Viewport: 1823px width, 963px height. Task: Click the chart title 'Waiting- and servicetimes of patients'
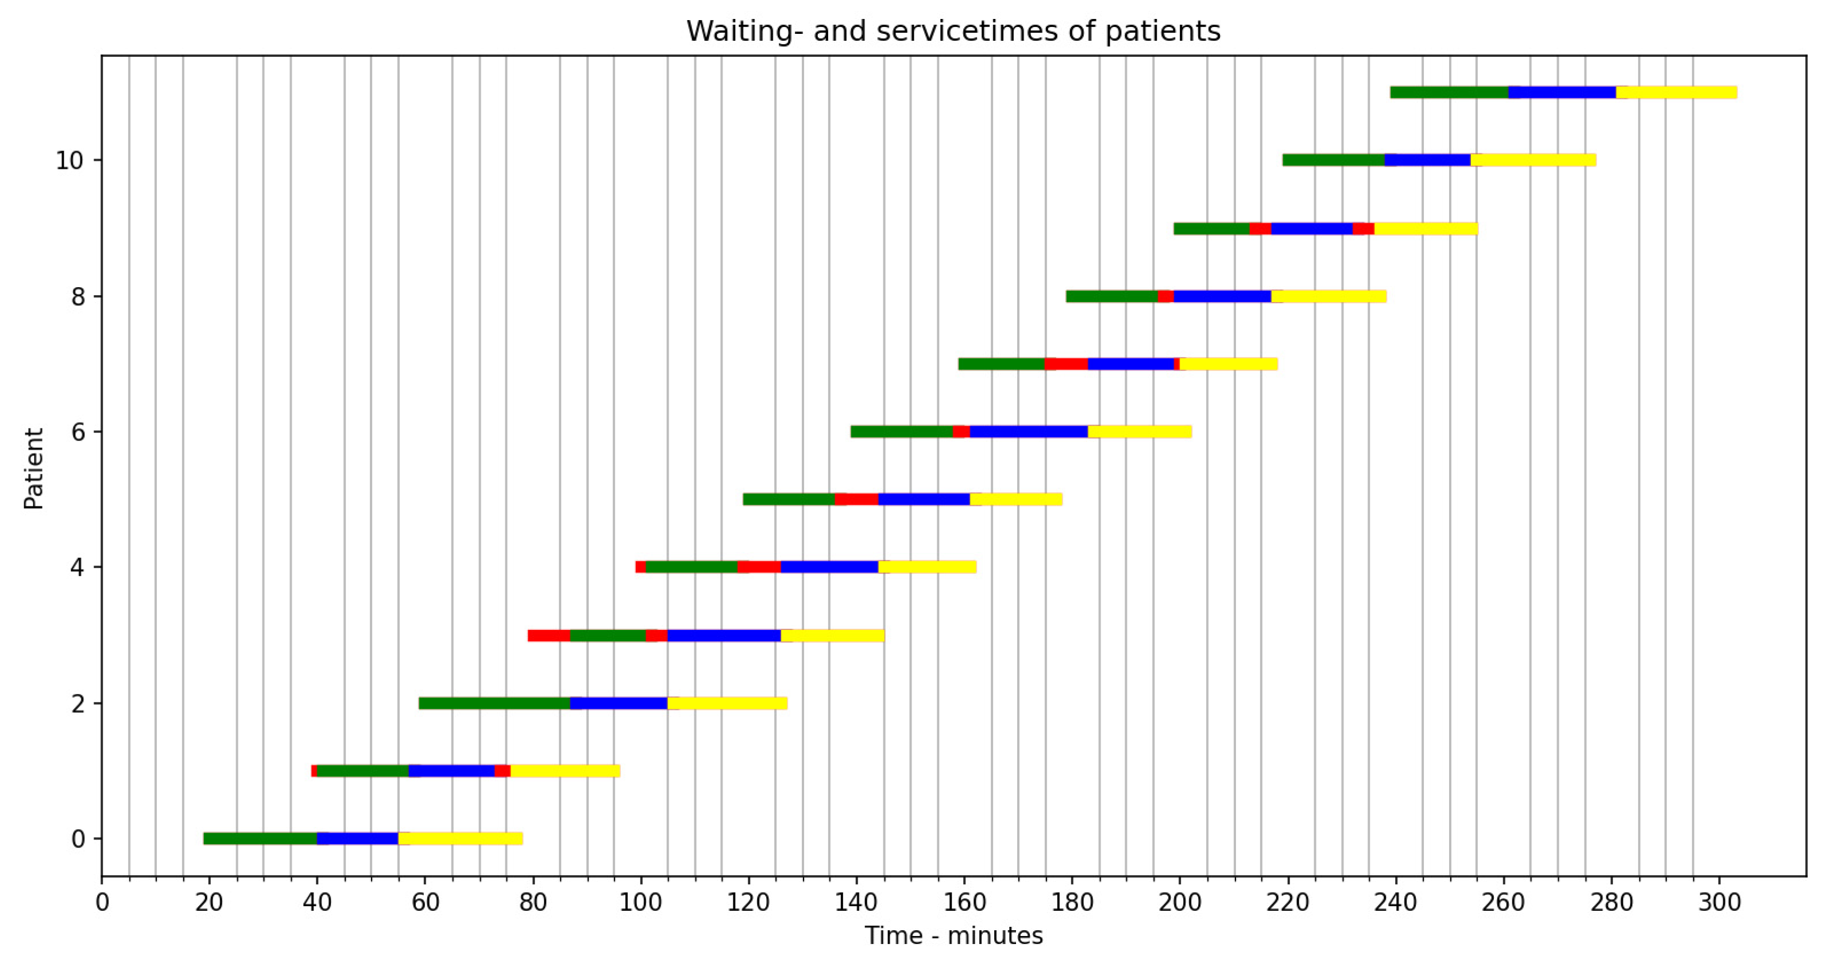tap(953, 31)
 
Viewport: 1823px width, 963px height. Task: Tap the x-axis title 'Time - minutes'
tap(953, 935)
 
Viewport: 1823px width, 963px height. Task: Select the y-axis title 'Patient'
tap(33, 469)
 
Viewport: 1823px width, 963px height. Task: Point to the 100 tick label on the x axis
tap(640, 903)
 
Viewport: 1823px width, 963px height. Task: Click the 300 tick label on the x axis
tap(1719, 903)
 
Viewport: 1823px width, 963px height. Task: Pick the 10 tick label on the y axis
tap(69, 161)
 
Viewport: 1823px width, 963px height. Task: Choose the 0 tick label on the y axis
tap(78, 839)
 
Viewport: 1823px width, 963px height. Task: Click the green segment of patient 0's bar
tap(260, 838)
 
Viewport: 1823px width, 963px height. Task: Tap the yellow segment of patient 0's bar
tap(460, 838)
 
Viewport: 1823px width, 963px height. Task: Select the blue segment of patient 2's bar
tap(619, 703)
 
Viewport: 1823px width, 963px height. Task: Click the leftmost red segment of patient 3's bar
tap(549, 635)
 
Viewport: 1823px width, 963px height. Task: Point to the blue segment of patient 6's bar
tap(1028, 432)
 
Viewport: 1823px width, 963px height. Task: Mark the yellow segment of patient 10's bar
tap(1533, 160)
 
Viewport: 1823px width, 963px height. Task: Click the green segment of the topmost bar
tap(1449, 92)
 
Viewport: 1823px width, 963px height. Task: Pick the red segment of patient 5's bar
tap(856, 499)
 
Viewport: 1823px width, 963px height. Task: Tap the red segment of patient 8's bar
tap(1165, 296)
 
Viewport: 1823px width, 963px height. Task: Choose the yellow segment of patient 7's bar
tap(1229, 363)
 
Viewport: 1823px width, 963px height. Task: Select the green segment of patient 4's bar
tap(692, 567)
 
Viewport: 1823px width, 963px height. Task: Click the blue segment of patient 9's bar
tap(1311, 229)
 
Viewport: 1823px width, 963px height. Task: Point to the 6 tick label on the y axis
tap(78, 432)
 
